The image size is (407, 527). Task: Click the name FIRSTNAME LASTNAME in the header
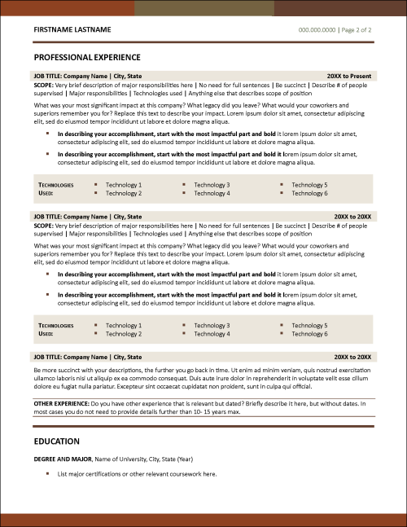[x=74, y=29]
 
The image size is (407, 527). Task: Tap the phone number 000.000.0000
[x=317, y=29]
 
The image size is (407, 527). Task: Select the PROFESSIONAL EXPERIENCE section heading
[x=87, y=58]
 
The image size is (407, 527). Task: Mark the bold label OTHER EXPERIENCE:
[x=61, y=403]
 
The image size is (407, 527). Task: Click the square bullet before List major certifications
[x=47, y=473]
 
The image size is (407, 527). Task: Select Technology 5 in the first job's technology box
[x=309, y=185]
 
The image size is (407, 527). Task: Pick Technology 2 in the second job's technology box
[x=123, y=334]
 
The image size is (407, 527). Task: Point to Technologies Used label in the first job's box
[x=55, y=189]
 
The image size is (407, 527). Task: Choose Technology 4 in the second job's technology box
[x=212, y=334]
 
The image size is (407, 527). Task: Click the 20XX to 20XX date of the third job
[x=352, y=357]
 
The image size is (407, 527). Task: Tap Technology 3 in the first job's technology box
[x=212, y=185]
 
